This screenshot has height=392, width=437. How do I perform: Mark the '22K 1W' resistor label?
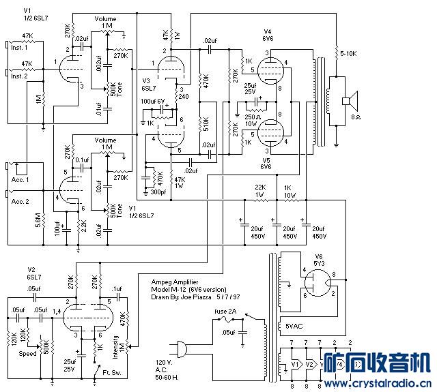tap(260, 190)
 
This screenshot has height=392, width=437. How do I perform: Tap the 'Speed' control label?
tap(28, 354)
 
